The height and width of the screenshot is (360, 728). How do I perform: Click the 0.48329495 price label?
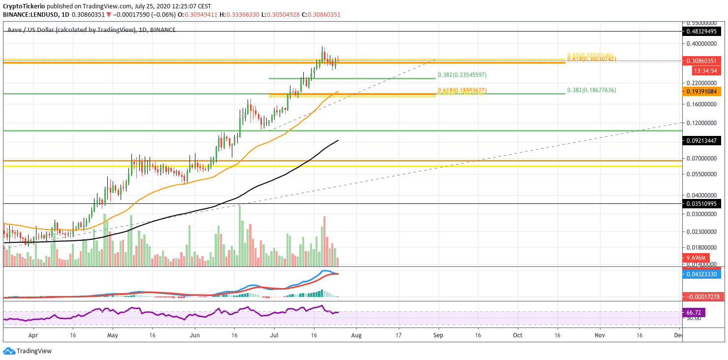[703, 31]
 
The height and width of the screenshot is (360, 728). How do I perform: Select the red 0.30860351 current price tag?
[703, 62]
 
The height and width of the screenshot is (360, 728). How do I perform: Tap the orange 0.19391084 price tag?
[703, 91]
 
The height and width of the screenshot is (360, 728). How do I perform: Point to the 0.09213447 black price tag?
[703, 140]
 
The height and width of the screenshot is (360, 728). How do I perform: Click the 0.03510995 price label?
[703, 203]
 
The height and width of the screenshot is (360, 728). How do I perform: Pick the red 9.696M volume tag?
[696, 258]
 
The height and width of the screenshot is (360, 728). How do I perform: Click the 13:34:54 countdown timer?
[703, 70]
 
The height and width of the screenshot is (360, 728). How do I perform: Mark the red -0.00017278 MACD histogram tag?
[703, 297]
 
